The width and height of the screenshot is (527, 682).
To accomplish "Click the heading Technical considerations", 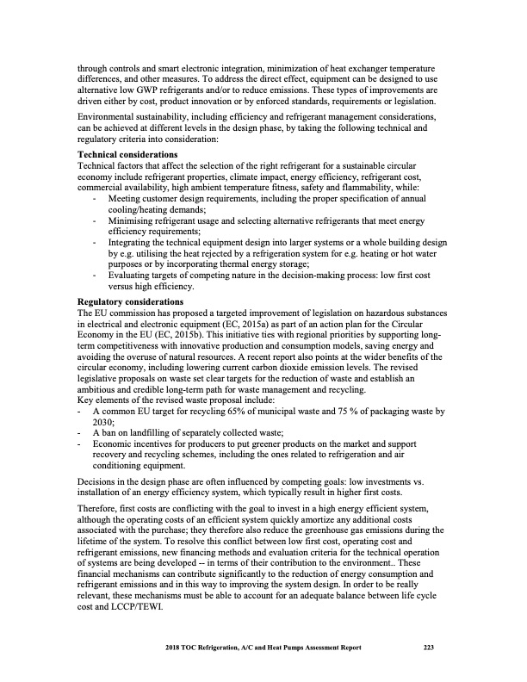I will pos(128,153).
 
